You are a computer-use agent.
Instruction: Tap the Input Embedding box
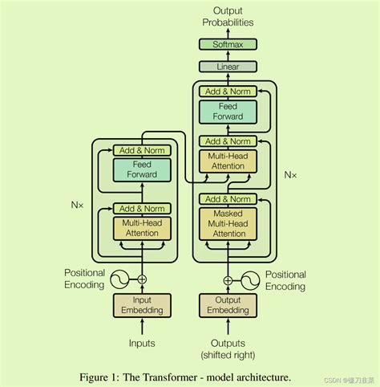(142, 305)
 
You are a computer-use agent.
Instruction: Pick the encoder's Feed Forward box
(142, 169)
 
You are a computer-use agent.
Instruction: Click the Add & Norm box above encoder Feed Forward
(142, 150)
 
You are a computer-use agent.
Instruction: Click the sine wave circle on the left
(119, 279)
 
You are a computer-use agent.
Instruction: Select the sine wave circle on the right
(250, 279)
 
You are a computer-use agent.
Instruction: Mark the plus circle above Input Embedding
(142, 279)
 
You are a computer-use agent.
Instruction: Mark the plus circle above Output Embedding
(228, 279)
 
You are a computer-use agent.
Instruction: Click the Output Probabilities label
(228, 17)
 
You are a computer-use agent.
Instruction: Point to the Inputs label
(142, 343)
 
